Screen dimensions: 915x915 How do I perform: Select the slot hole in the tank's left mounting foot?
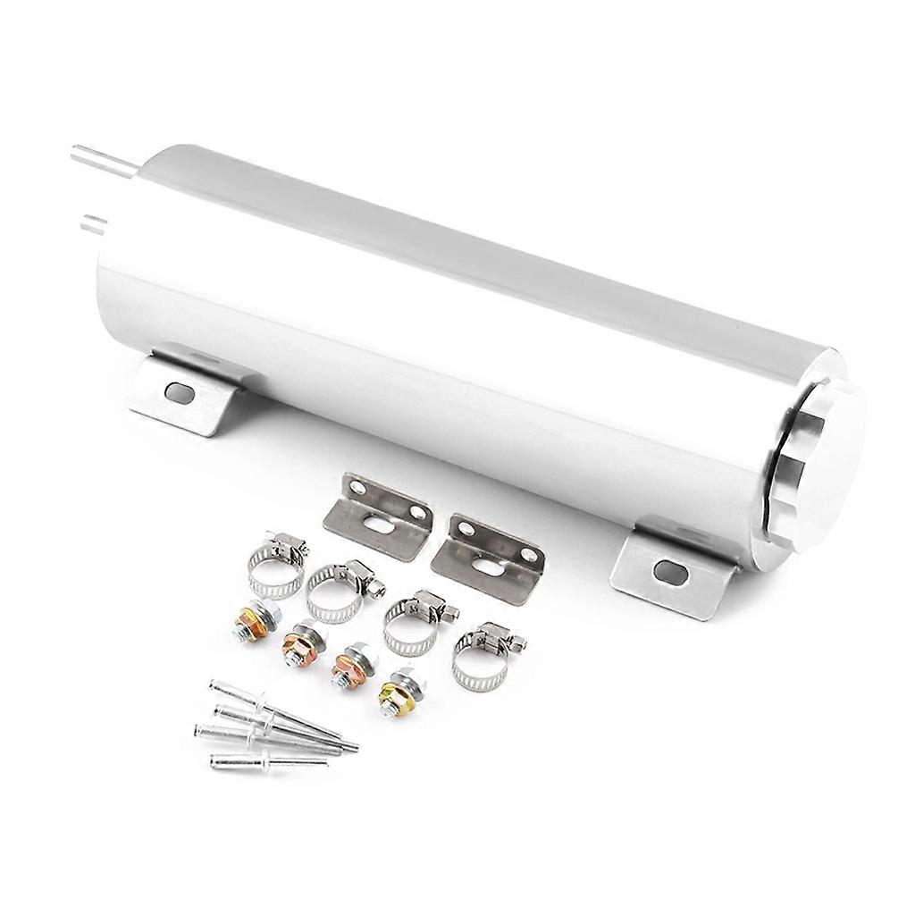pyautogui.click(x=180, y=390)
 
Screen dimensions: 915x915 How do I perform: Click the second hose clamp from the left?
pyautogui.click(x=336, y=589)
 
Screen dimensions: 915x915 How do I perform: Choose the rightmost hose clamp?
pyautogui.click(x=483, y=657)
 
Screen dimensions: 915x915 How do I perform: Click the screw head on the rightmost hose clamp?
pyautogui.click(x=515, y=640)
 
